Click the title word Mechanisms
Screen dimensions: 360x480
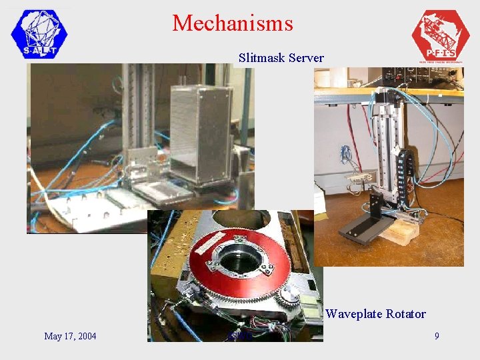[233, 23]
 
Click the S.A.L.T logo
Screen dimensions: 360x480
[40, 34]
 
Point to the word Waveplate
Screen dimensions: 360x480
[352, 314]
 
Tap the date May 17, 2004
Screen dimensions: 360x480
[70, 336]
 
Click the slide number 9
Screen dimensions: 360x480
[437, 336]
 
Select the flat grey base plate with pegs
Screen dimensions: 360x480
[87, 213]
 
